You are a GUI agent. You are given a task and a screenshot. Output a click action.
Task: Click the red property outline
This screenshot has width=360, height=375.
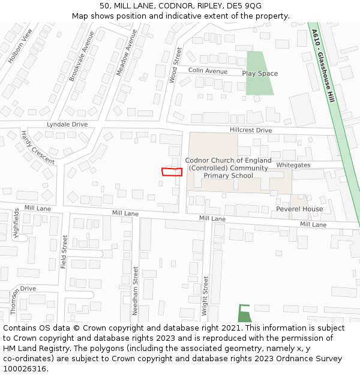tap(172, 172)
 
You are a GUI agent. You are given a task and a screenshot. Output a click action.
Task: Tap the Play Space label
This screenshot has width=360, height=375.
tap(260, 74)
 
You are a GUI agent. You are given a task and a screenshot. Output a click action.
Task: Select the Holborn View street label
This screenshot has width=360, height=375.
tap(20, 46)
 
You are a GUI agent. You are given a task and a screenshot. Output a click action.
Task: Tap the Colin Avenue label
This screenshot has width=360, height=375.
tap(208, 71)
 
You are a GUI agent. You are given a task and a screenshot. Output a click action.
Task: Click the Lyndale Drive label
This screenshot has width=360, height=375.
tap(67, 124)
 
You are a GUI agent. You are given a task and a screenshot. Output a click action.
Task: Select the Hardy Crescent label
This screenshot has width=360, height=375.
tap(37, 147)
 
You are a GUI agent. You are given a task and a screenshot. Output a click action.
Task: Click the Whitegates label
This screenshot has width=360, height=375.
tap(293, 165)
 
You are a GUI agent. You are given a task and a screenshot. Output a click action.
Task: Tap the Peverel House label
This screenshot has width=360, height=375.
tap(299, 209)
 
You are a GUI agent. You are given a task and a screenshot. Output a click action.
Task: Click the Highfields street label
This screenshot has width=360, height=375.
tap(16, 224)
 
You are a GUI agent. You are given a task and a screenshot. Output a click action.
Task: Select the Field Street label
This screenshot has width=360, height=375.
tap(64, 252)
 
